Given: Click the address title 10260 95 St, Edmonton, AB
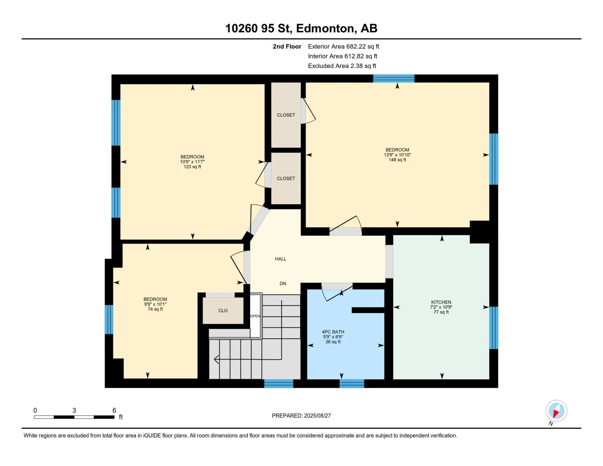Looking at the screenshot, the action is click(301, 28).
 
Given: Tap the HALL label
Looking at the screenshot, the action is click(281, 259).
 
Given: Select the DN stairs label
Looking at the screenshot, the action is click(283, 283).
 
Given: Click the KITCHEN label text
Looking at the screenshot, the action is click(441, 302).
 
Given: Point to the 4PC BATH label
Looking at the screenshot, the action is click(333, 332).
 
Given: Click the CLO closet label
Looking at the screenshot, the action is click(223, 311).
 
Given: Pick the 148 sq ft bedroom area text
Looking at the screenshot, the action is click(397, 160).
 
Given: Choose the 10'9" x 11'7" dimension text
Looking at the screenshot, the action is click(192, 162).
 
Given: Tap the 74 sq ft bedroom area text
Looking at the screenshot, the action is click(155, 309).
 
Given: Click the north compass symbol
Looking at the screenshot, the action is click(556, 411).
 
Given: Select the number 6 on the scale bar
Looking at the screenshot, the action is click(114, 410).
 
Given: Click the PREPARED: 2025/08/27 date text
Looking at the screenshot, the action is click(301, 416).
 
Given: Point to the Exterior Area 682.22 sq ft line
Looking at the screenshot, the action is click(343, 47).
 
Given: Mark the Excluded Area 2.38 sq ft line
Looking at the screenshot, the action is click(342, 66).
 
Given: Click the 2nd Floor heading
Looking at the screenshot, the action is click(287, 47).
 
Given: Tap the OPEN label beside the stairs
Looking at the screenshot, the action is click(255, 316).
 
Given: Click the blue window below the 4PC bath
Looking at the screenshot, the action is click(351, 383).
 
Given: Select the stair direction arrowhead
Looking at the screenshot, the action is click(216, 360).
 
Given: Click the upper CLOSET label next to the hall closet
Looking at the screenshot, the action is click(286, 115).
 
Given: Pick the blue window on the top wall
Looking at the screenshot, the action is click(393, 78).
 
